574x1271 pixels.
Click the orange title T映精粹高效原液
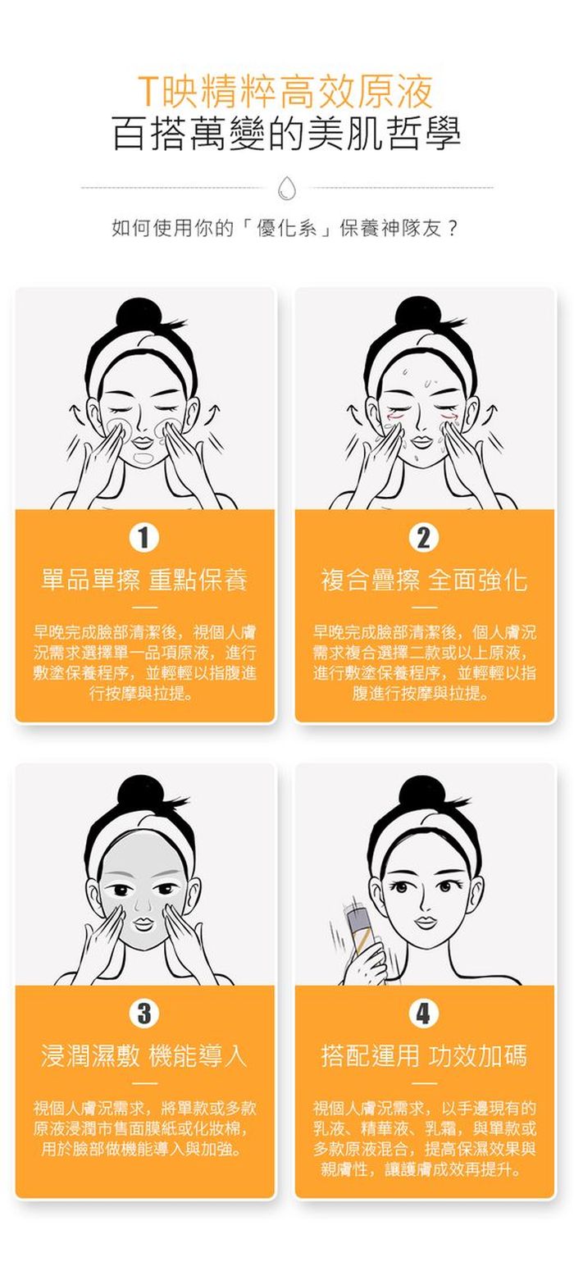tap(286, 91)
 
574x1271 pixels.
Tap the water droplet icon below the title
tap(287, 188)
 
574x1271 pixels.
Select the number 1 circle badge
tap(143, 537)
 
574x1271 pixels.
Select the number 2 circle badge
tap(423, 537)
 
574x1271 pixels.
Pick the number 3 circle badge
tap(143, 1014)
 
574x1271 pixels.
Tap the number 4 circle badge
tap(423, 1014)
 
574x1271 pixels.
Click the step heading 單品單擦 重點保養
tap(144, 580)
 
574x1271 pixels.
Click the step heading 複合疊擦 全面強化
tap(424, 580)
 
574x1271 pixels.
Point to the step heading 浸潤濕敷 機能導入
tap(144, 1056)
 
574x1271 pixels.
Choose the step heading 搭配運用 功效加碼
tap(424, 1056)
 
